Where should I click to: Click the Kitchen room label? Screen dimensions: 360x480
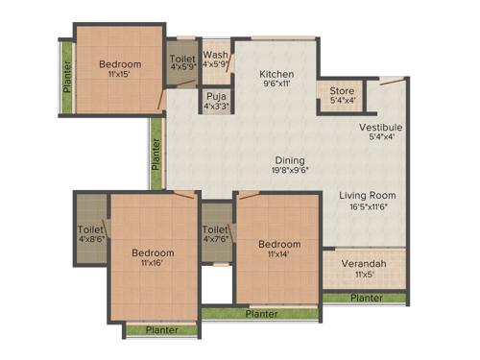pyautogui.click(x=276, y=74)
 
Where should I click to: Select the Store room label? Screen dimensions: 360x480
pyautogui.click(x=341, y=90)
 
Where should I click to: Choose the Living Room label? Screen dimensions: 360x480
pyautogui.click(x=368, y=196)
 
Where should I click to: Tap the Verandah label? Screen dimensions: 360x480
pyautogui.click(x=364, y=263)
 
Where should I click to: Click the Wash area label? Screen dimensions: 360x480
pyautogui.click(x=215, y=56)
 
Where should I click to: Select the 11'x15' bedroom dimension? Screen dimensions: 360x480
pyautogui.click(x=120, y=75)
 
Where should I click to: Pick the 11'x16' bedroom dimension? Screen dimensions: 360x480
pyautogui.click(x=153, y=265)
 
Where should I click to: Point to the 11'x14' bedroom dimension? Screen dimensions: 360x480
pyautogui.click(x=279, y=255)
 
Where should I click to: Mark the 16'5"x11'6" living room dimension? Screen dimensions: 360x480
pyautogui.click(x=368, y=206)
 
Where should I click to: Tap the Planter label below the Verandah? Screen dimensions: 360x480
pyautogui.click(x=366, y=298)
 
